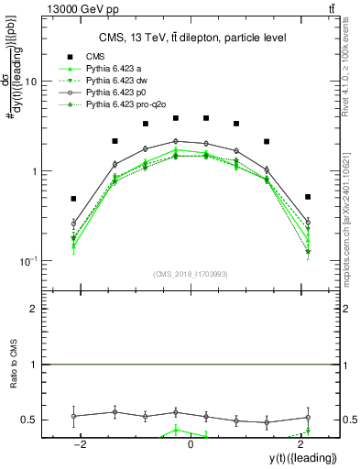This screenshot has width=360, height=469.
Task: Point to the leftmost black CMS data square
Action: point(73,199)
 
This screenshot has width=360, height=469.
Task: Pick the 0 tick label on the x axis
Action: point(191,444)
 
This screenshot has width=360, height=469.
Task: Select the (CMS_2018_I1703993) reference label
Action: point(191,274)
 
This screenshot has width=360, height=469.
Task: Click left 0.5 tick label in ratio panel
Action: point(32,420)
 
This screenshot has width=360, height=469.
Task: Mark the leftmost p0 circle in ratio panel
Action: point(73,416)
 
